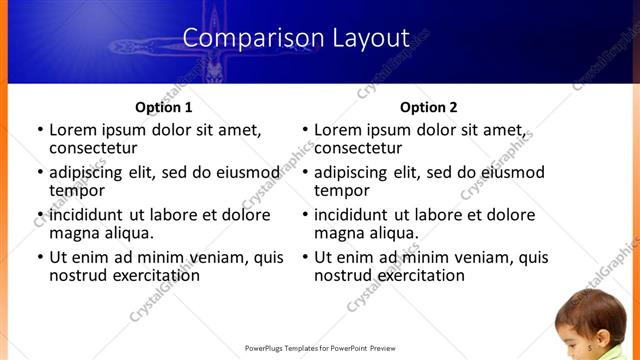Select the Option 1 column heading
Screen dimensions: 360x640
tap(163, 107)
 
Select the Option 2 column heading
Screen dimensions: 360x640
tap(428, 107)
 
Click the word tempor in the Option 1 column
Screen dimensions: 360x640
tap(77, 190)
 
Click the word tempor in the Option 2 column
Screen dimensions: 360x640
tap(342, 190)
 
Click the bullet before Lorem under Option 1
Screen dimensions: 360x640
tap(39, 130)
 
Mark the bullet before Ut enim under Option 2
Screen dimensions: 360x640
tap(304, 257)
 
